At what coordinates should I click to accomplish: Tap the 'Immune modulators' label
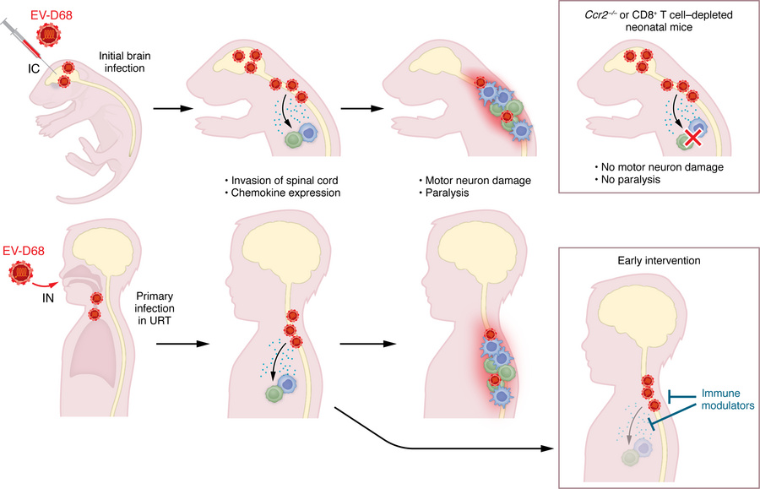pyautogui.click(x=727, y=399)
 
